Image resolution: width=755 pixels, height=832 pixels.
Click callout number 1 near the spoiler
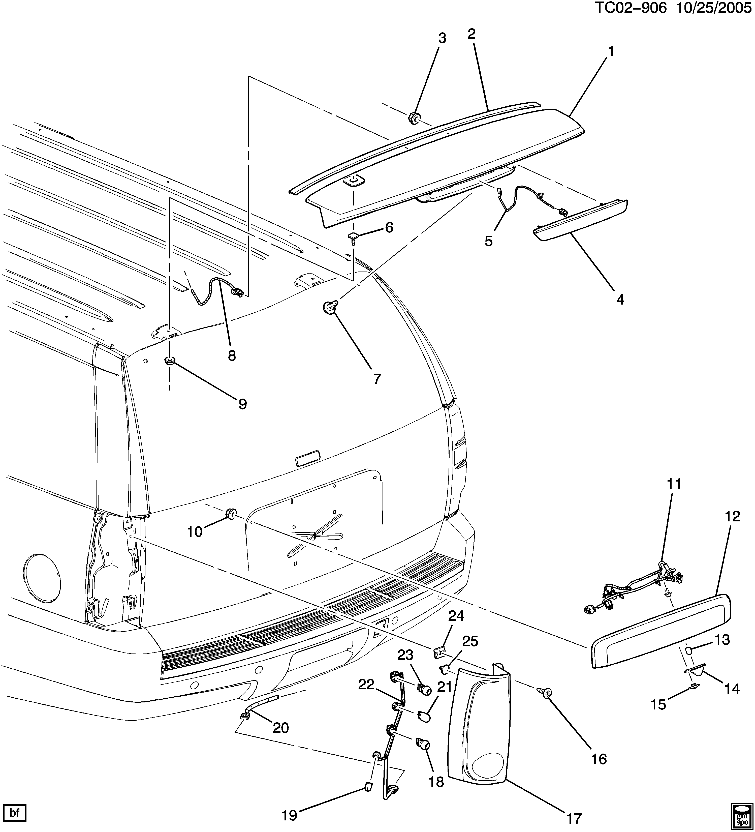611,52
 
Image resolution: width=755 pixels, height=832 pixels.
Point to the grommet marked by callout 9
169,361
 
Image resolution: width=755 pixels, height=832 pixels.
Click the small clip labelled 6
353,237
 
